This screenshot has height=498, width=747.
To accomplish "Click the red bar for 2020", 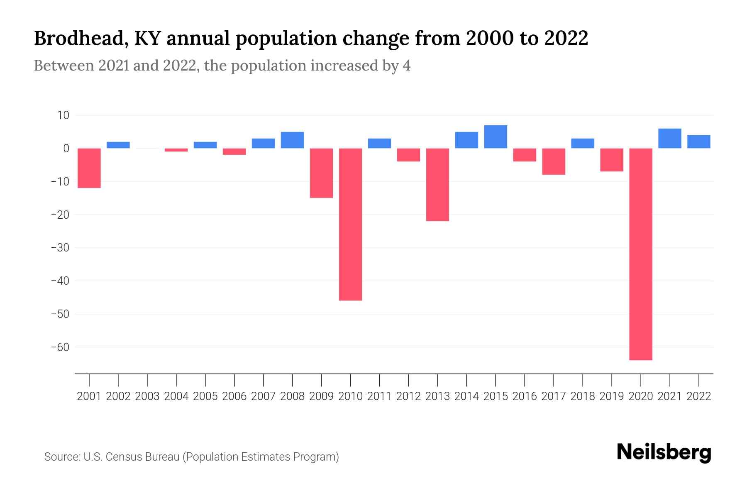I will pos(640,254).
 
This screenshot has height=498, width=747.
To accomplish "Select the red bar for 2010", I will pos(350,224).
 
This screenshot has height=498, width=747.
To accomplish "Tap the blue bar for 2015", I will pos(496,137).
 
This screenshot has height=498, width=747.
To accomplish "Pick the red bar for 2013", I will pos(437,185).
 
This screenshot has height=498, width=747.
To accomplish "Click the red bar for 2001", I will pos(89,168).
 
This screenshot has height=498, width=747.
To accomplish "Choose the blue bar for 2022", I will pos(698,142).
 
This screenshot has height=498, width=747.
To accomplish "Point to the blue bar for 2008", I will pos(292,140).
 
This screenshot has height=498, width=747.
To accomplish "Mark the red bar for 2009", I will pos(321,173).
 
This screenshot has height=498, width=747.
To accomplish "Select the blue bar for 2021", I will pos(669,138).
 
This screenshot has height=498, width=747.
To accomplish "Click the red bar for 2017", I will pos(553,161).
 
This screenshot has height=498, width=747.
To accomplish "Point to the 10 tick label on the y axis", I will pos(63,115).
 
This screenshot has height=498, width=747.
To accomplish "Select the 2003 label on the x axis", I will pos(147,396).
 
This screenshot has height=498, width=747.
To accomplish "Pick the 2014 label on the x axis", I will pos(466,396).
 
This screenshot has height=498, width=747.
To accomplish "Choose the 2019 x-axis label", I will pos(611,396).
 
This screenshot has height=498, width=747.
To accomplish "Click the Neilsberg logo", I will pos(664,452).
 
